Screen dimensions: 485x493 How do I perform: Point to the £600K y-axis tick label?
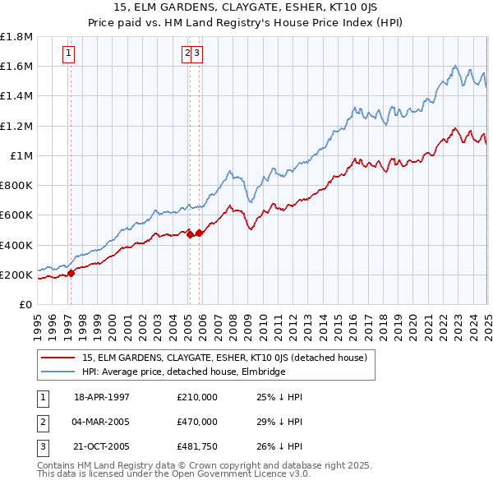16,215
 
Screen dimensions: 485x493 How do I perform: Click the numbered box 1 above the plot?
68,53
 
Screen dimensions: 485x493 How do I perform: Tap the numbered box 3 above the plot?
198,53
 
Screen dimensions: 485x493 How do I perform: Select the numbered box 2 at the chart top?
187,53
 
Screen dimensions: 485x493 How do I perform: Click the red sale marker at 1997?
71,273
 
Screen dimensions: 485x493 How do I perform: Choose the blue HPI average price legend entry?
182,372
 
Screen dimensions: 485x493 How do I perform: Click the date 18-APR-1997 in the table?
102,396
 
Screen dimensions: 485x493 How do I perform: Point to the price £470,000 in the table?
197,422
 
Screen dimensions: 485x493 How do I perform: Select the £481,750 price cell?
197,447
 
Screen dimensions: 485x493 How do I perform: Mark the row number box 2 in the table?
42,422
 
